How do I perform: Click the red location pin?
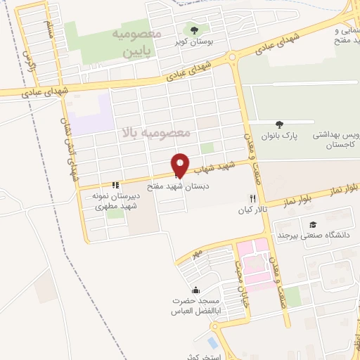point(180,165)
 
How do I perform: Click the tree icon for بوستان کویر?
point(190,30)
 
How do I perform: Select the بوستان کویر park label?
point(195,42)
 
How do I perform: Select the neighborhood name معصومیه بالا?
point(155,133)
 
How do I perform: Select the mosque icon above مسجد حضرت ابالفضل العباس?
point(195,290)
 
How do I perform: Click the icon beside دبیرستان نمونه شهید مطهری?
point(116,185)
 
